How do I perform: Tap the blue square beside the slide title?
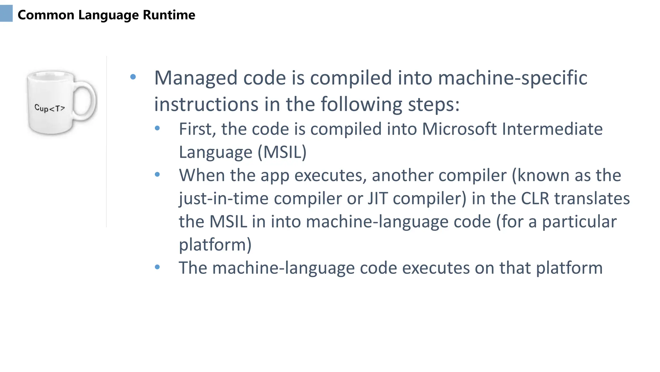[x=6, y=14]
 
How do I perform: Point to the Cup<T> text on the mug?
[x=50, y=108]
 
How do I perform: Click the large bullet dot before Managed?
[x=133, y=77]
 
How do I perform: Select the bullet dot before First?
[x=157, y=128]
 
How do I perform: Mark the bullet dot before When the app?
[x=157, y=175]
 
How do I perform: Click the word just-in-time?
[x=224, y=198]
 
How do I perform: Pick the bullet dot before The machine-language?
[x=157, y=267]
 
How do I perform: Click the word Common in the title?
[x=46, y=15]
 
